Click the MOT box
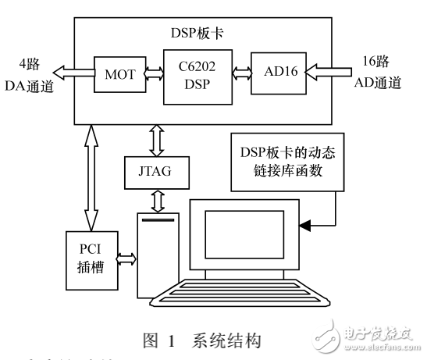pos(116,76)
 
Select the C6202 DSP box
pos(194,76)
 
